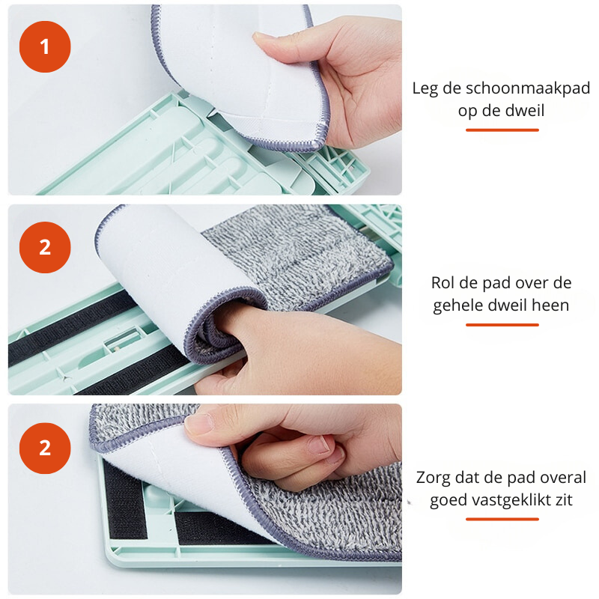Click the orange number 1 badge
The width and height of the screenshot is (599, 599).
click(45, 46)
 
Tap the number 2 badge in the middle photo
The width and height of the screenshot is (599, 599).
click(45, 247)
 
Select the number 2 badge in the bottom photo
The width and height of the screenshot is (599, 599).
click(45, 448)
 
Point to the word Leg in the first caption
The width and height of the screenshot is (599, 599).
click(425, 88)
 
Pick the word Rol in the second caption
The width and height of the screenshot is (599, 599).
click(444, 283)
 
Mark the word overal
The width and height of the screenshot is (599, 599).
click(561, 478)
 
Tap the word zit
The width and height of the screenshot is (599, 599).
click(564, 499)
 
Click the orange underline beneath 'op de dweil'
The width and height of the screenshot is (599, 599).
click(502, 130)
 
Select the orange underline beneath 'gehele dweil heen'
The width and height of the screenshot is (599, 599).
click(502, 324)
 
